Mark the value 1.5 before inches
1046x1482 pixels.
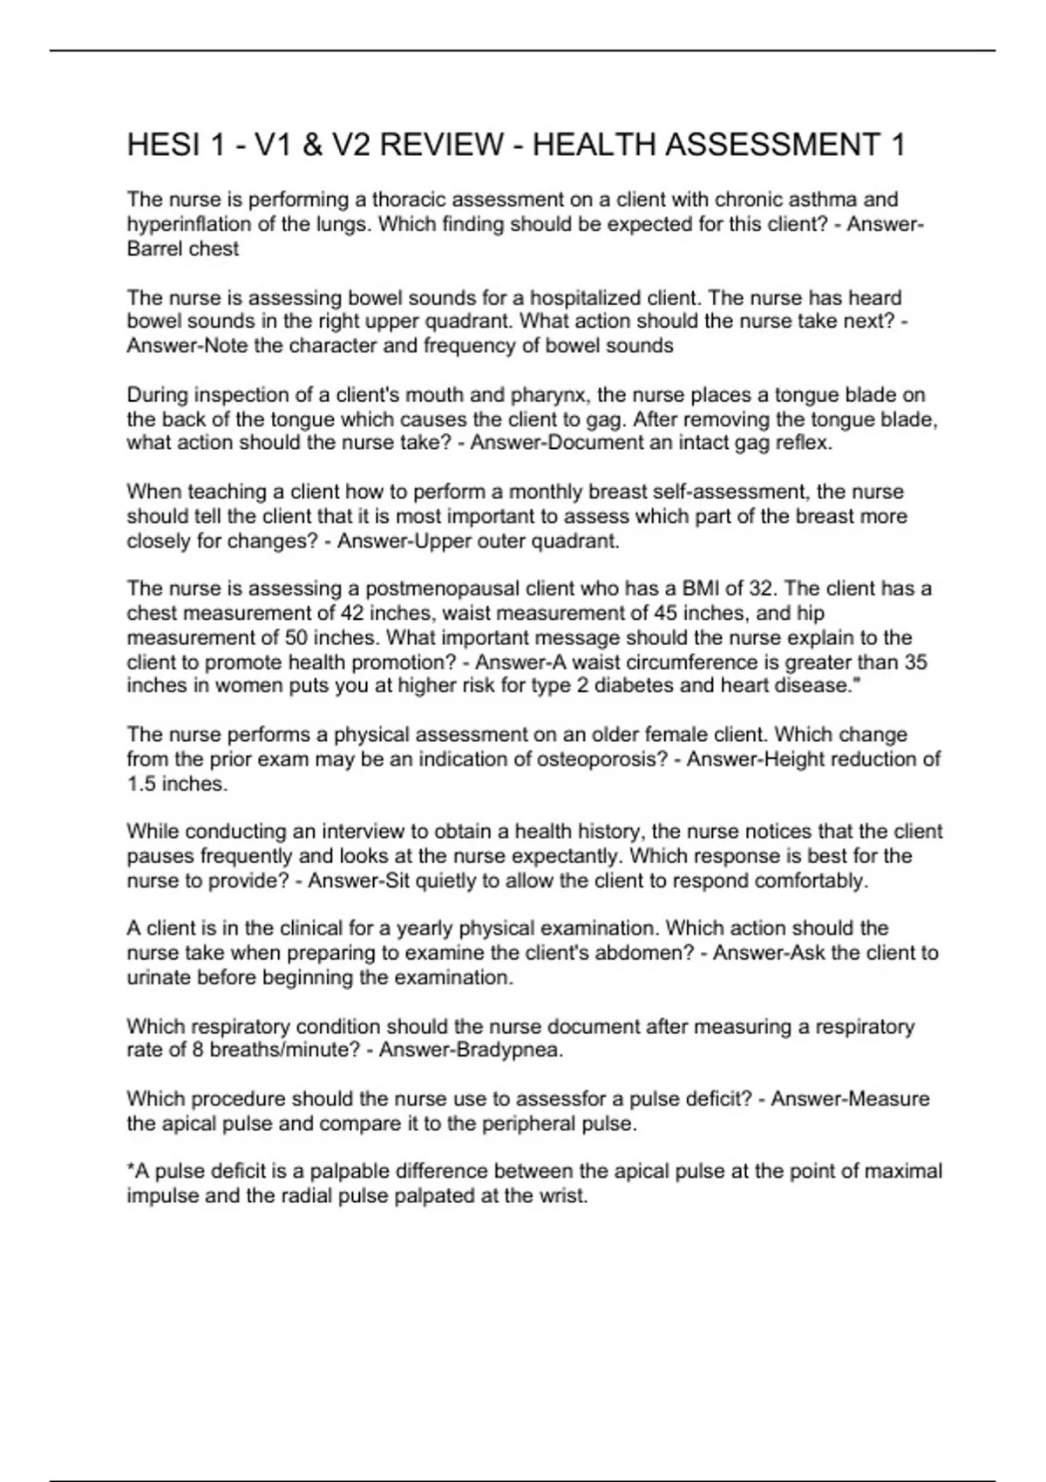141,784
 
